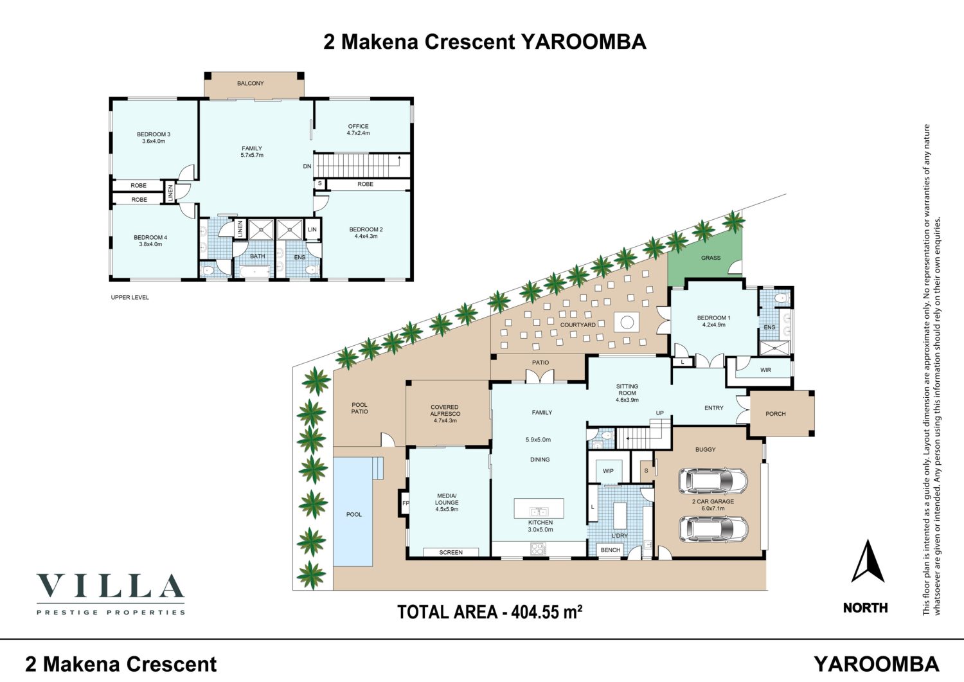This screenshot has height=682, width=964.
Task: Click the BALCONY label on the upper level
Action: (x=250, y=83)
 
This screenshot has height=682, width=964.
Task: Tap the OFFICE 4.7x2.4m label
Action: (x=358, y=130)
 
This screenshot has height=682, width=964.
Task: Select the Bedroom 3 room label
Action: (x=154, y=138)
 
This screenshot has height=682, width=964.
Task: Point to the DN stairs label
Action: (x=307, y=166)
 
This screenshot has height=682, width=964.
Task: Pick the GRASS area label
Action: (x=711, y=258)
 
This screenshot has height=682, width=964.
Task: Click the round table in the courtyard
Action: (x=626, y=321)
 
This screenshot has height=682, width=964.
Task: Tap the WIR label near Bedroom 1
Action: (x=765, y=370)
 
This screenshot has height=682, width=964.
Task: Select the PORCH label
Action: (x=776, y=414)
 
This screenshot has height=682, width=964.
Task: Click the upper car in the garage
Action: (x=713, y=481)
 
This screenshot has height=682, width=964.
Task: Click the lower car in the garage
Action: (x=713, y=529)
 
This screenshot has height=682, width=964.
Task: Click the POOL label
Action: (x=353, y=514)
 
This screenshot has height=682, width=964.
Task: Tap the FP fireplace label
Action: (x=406, y=503)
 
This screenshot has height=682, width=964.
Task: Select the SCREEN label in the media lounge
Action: (x=451, y=552)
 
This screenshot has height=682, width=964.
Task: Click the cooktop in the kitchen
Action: (x=537, y=548)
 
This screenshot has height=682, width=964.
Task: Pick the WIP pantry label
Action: (x=608, y=471)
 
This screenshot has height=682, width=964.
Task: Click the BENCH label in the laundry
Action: (x=611, y=550)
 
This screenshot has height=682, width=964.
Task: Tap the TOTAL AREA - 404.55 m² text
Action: (x=490, y=611)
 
